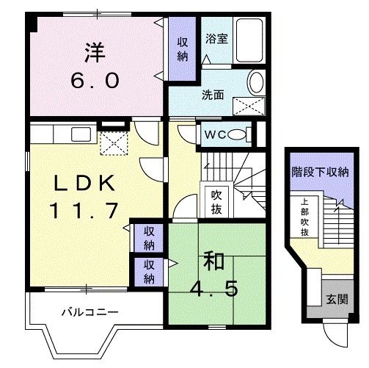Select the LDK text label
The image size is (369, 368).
click(x=81, y=182)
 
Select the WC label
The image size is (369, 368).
click(x=215, y=134)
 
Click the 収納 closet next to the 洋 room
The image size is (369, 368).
click(x=181, y=49)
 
